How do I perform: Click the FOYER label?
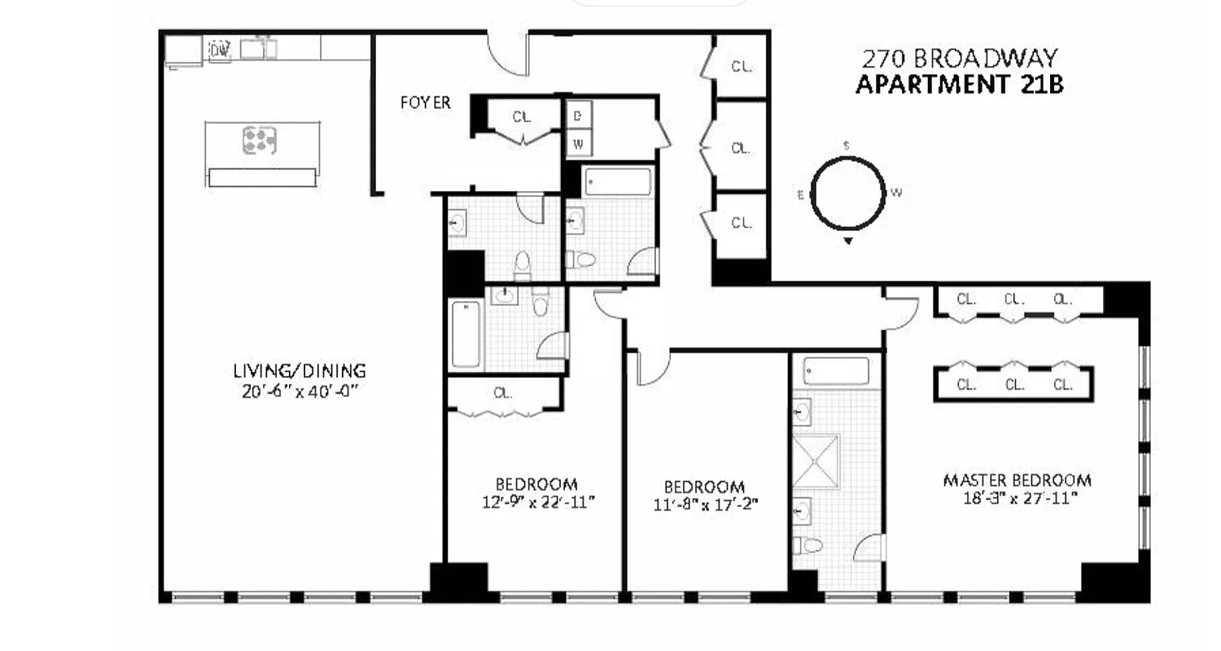[x=425, y=103]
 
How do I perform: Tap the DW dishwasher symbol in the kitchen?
[x=220, y=50]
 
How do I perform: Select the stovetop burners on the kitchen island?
[x=259, y=141]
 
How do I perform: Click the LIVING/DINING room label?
[x=300, y=371]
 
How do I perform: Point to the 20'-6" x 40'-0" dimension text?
[x=300, y=391]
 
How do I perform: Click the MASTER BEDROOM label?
[x=1017, y=480]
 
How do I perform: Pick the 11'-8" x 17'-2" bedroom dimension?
[x=705, y=504]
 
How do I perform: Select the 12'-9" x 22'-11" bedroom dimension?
[x=537, y=502]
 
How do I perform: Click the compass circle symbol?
[x=847, y=194]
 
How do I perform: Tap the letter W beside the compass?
[x=896, y=193]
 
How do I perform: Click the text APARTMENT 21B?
[x=959, y=84]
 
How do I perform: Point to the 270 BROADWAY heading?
[x=960, y=59]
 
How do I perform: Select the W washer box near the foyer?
[x=579, y=144]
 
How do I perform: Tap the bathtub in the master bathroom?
[x=835, y=371]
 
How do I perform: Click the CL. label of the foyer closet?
[x=522, y=117]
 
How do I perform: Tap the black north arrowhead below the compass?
[x=848, y=241]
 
